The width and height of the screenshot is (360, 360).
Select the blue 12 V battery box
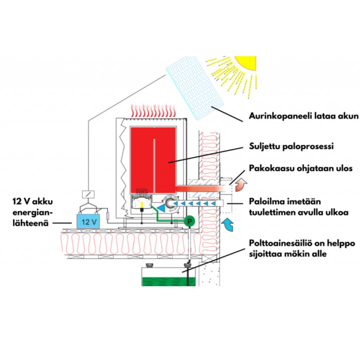tap(87, 220)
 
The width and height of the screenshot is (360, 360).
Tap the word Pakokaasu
tap(271, 168)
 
